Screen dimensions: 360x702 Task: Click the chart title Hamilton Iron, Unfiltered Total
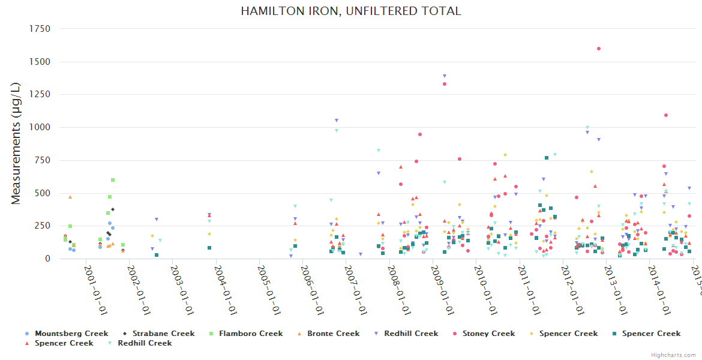tap(351, 11)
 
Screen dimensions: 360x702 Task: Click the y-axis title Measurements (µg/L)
tap(16, 144)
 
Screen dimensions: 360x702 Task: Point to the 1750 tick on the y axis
tap(40, 29)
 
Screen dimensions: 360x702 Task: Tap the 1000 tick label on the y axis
tap(40, 127)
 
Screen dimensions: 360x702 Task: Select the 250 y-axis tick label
tap(44, 226)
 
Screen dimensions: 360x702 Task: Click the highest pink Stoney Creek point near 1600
tap(599, 49)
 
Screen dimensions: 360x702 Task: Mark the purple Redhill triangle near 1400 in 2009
tap(445, 76)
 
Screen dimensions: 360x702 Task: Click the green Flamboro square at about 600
tap(113, 180)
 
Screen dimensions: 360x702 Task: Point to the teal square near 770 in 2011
tap(547, 158)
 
